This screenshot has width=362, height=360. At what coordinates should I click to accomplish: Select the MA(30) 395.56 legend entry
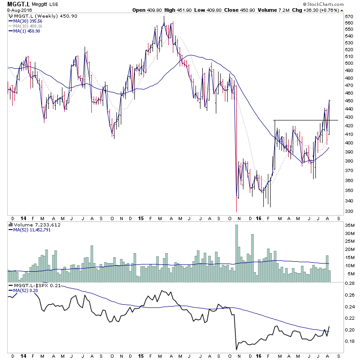[28, 21]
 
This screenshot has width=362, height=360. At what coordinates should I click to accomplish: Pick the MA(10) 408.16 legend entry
[28, 26]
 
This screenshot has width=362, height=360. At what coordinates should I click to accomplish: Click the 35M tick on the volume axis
[348, 225]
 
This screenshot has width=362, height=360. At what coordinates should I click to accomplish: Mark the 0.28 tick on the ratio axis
[348, 283]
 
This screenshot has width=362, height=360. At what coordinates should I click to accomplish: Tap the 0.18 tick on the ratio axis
[348, 341]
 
